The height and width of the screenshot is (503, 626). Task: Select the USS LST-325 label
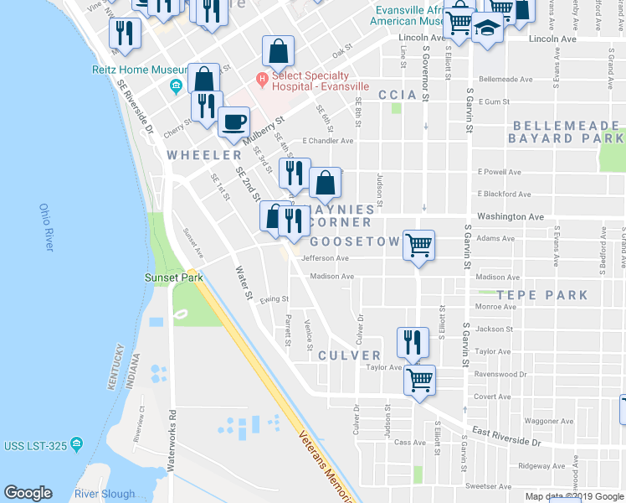33,444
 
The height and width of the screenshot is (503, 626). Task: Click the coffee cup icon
233,122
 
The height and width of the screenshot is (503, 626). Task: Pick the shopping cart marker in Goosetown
418,246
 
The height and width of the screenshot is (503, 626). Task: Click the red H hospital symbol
262,80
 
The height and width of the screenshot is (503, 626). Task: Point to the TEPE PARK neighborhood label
541,295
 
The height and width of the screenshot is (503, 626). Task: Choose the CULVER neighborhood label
349,355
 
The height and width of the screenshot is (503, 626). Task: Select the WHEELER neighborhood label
204,155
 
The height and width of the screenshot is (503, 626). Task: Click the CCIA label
397,96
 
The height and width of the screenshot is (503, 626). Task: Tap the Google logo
28,493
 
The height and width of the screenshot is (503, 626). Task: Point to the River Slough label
104,494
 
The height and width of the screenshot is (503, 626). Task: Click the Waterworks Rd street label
171,439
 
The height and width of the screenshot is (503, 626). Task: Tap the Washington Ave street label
511,216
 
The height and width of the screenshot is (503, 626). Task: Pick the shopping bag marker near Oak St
278,51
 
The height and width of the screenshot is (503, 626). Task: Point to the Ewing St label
274,298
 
